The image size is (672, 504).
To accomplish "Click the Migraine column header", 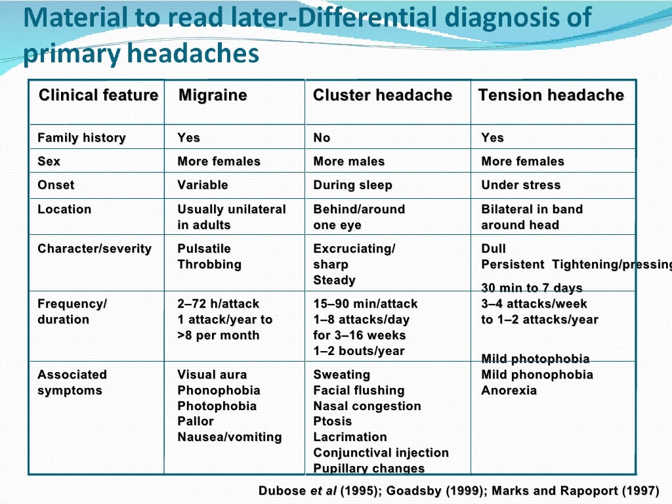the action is coord(213,95).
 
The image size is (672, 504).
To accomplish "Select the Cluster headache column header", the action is coord(383,95).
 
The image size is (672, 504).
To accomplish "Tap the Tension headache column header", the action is coord(551,95).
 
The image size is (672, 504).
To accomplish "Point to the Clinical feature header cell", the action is coord(98,95).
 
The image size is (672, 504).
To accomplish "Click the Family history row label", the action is coord(81,138).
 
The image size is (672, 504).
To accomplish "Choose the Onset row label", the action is coord(56,185).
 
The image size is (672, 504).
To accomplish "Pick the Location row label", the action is coord(64,209).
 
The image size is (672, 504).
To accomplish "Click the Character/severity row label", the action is coord(94,249).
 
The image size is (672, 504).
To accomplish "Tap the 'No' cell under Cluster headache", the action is coord(322,138).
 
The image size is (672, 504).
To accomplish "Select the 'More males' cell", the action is coord(348,161).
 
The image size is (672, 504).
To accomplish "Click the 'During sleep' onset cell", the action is coord(352,185).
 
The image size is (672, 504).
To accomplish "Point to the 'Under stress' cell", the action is coord(520,185).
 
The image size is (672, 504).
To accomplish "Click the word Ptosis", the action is coord(333,421).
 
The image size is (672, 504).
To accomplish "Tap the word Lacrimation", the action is coord(350,437).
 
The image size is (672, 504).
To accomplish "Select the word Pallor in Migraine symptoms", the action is coord(195,421).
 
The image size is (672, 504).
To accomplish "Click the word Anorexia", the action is coord(509,390).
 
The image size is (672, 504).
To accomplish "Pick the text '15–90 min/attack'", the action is coord(365,304).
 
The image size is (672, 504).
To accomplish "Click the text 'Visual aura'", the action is coord(212,375).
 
